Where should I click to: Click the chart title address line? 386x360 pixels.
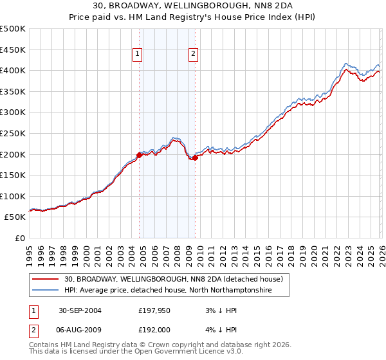click(x=193, y=5)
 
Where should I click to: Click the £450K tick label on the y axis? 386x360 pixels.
click(x=13, y=50)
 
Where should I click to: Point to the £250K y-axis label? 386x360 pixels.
click(x=13, y=133)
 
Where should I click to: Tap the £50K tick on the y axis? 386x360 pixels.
click(x=15, y=217)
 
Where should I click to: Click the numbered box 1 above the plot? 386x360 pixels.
click(x=138, y=55)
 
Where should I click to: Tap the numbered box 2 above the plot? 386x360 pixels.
click(x=194, y=55)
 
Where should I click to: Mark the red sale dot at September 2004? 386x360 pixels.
click(x=140, y=155)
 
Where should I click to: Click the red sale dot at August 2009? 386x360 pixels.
click(x=195, y=157)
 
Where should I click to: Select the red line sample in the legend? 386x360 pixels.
click(x=45, y=280)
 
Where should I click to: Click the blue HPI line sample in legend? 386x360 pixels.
click(x=45, y=291)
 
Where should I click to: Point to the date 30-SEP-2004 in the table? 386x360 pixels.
click(x=80, y=310)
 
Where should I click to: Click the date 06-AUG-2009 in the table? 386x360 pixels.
click(x=80, y=330)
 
